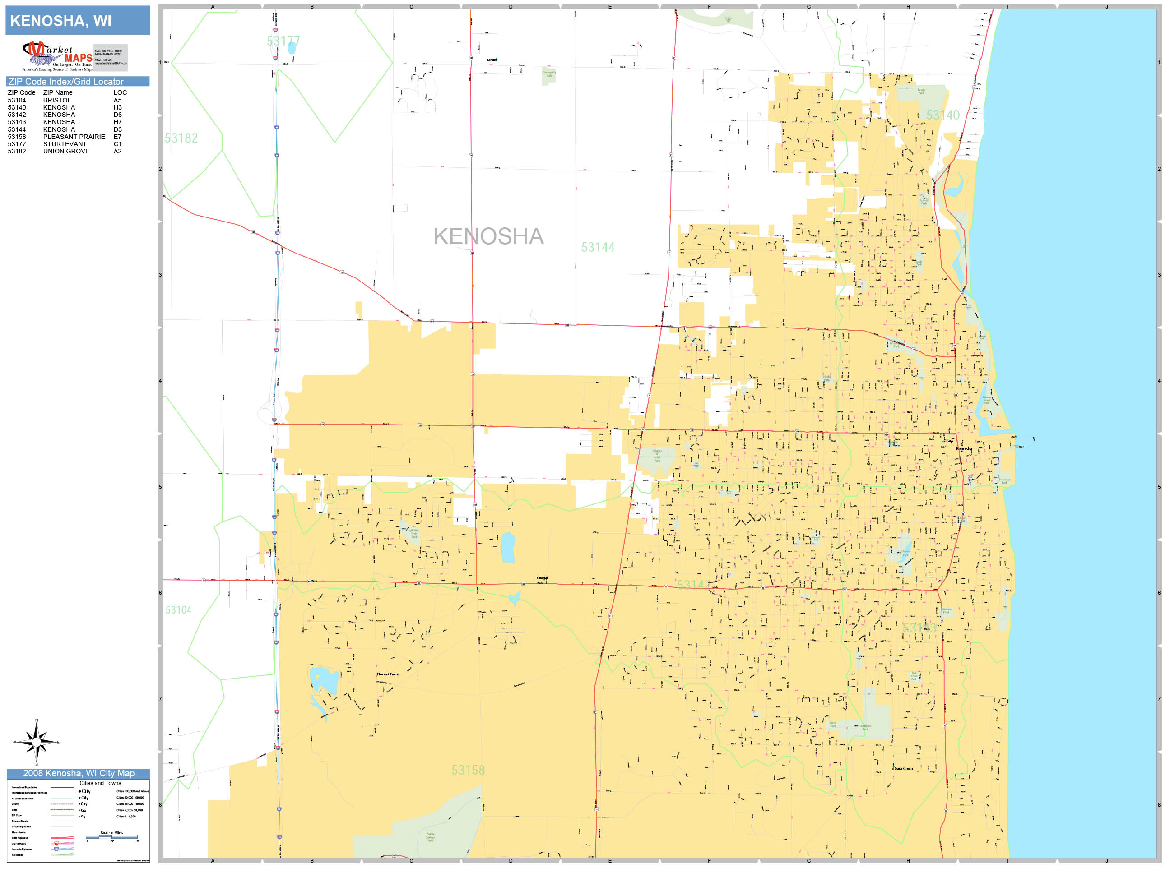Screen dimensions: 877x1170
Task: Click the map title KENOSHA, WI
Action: [61, 21]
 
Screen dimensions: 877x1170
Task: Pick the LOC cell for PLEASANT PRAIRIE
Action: [117, 137]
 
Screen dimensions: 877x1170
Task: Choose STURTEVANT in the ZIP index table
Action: [65, 144]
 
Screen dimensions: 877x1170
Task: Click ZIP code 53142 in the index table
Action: [17, 115]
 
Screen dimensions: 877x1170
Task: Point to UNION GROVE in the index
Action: [66, 151]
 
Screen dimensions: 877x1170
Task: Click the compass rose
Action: [37, 743]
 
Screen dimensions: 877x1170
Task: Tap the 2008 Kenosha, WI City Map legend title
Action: [78, 773]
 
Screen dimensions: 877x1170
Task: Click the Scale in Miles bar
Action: [111, 837]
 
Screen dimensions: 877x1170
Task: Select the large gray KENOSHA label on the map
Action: [488, 236]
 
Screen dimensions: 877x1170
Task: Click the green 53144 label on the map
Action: [598, 247]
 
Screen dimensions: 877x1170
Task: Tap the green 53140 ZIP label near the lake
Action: [942, 115]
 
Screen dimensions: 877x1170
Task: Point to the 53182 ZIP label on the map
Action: [181, 138]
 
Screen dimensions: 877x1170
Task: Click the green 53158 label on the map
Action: [468, 770]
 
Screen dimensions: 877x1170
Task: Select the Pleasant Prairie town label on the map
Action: [388, 674]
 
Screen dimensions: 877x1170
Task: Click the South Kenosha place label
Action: [904, 769]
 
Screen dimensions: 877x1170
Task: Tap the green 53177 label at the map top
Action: [283, 41]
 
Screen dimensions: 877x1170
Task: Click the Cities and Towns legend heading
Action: [100, 783]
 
